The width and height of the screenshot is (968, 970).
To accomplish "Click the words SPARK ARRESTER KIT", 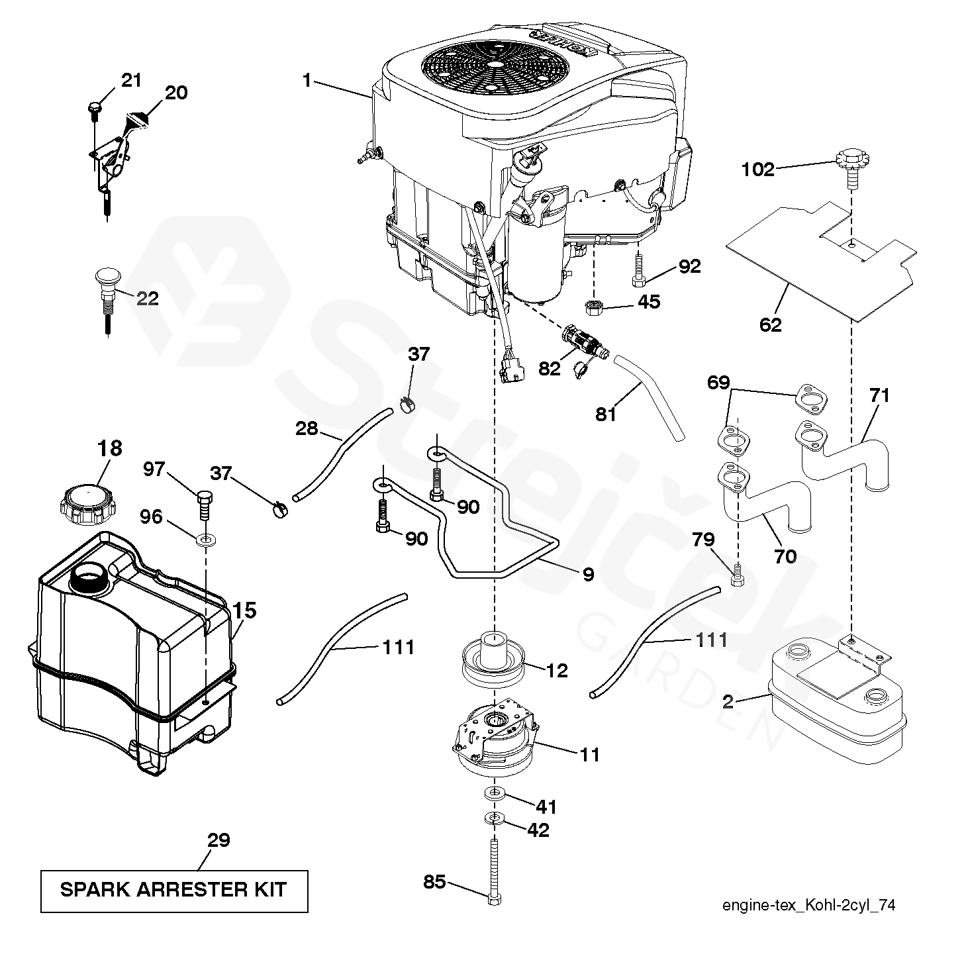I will click(173, 889).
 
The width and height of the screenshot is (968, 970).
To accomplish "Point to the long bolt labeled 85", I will click(494, 868).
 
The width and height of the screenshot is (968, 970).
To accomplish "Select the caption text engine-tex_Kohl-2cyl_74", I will click(808, 906).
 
